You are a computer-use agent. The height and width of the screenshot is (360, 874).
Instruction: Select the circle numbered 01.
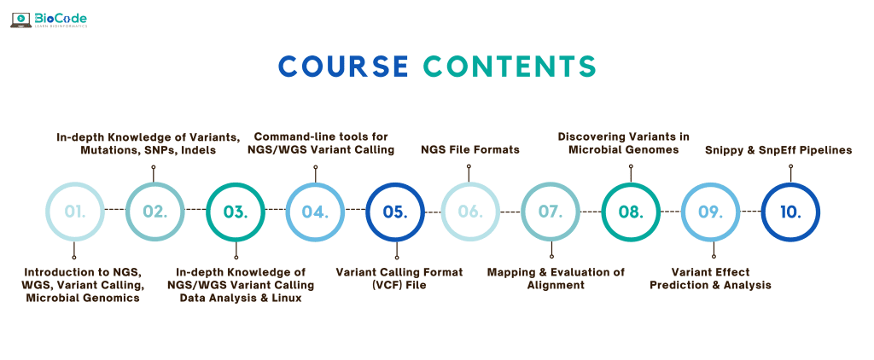(75, 211)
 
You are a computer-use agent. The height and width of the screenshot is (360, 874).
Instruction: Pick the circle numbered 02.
(154, 211)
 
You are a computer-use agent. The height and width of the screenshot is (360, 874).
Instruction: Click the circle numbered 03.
(235, 211)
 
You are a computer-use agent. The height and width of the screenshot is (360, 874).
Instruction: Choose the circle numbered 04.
(314, 211)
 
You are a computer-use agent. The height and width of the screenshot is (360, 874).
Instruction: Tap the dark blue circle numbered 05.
(394, 211)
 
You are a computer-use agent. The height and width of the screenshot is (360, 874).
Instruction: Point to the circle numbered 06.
(471, 211)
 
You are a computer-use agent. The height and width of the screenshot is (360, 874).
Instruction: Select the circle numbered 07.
(551, 211)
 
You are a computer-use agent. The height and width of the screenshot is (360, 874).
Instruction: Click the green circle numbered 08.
(631, 211)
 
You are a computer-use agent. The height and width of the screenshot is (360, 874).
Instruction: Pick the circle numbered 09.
(711, 211)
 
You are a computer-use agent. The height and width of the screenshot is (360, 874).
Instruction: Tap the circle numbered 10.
(790, 211)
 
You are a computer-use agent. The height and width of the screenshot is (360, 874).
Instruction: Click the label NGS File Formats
(470, 150)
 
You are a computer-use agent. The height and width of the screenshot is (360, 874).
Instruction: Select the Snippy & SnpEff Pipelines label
(778, 150)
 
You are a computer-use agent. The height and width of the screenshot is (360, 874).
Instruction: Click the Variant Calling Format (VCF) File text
(399, 278)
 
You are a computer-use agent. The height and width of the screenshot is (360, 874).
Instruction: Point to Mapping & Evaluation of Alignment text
(556, 278)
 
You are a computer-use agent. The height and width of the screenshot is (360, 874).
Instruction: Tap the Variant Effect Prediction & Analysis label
(710, 278)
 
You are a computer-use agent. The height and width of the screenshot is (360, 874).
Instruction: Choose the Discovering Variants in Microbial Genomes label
(623, 143)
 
